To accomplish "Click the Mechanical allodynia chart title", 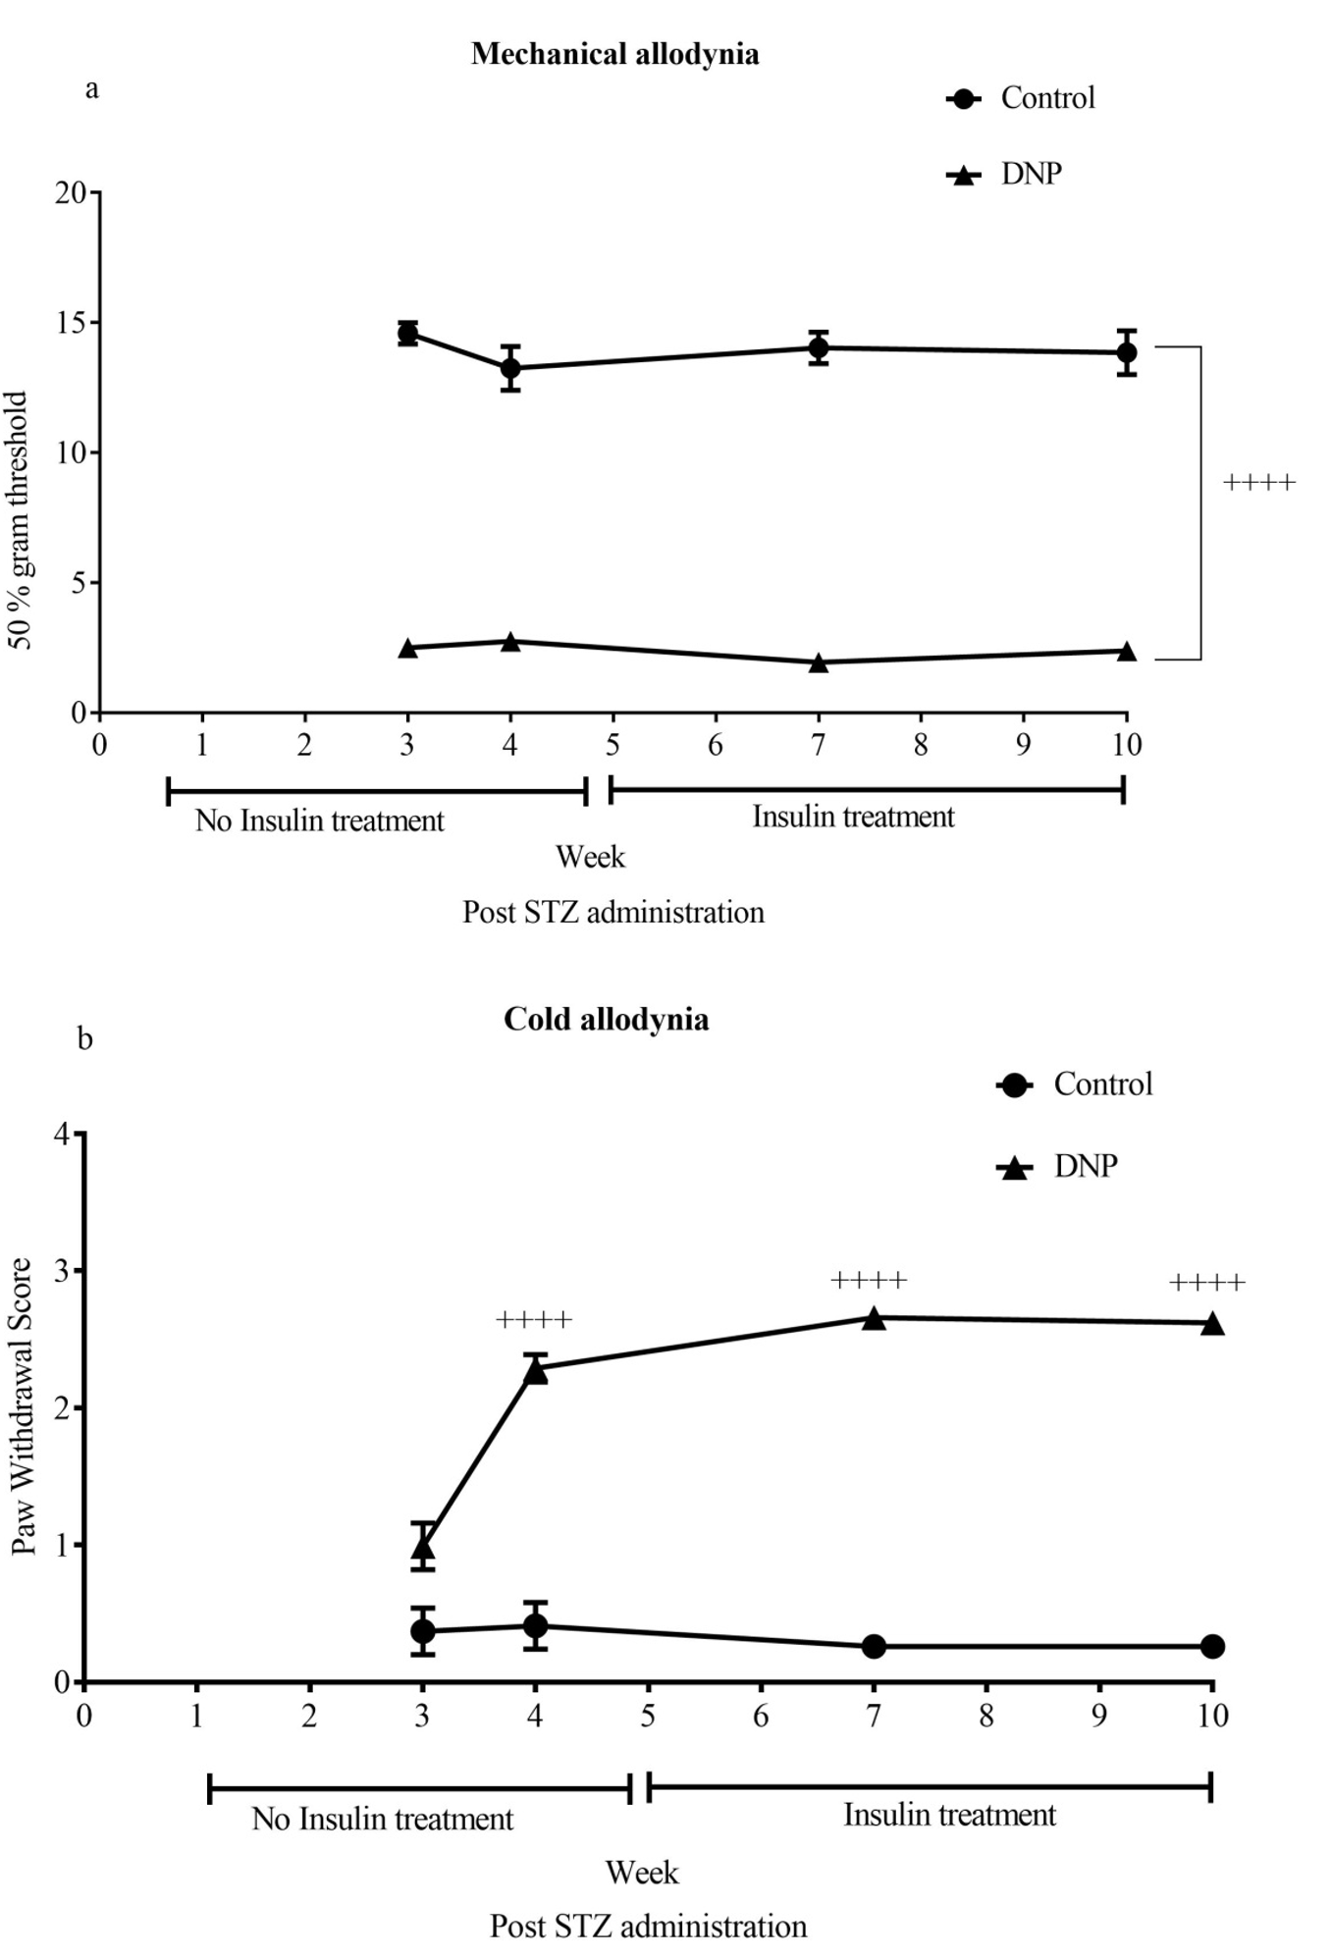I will tap(614, 54).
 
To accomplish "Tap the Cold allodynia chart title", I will tap(606, 1020).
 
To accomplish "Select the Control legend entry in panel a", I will tap(1046, 98).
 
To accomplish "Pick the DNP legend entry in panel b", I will tap(1085, 1166).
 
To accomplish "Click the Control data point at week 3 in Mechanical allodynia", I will tap(408, 334).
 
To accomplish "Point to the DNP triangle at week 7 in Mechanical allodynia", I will tap(819, 663).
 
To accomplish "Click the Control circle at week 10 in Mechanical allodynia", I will tap(1127, 352).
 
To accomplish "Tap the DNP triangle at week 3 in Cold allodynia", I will tap(423, 1548).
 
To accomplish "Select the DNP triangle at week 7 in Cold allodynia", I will tap(874, 1318).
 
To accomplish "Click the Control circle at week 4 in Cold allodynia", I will tap(535, 1626).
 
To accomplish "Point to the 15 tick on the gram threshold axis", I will tap(71, 323).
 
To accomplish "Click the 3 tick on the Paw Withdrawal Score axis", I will tap(62, 1271).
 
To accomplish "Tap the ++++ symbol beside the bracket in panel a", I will tap(1259, 482).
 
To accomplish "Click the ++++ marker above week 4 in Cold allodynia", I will tap(534, 1320).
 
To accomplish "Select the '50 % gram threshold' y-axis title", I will tap(21, 520).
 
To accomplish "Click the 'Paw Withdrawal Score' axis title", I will tap(23, 1405).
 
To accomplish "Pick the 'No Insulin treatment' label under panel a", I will tap(319, 820).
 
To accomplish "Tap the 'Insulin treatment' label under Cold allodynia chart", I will tap(949, 1815).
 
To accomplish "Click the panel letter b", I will tap(85, 1038).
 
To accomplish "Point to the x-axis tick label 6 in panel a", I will tap(716, 745).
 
